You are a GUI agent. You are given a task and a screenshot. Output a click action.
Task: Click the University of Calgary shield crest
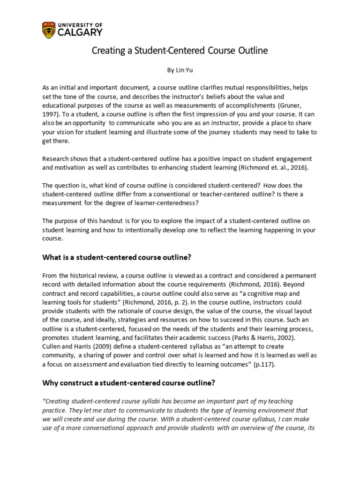click(48, 29)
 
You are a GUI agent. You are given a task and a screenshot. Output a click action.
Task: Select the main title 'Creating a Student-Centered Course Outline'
click(180, 51)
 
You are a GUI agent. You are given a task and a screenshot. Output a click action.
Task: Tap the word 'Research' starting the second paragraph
click(56, 158)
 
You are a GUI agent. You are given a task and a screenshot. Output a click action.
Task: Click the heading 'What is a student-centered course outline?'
click(117, 257)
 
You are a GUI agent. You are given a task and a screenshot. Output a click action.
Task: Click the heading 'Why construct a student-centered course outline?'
click(128, 382)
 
